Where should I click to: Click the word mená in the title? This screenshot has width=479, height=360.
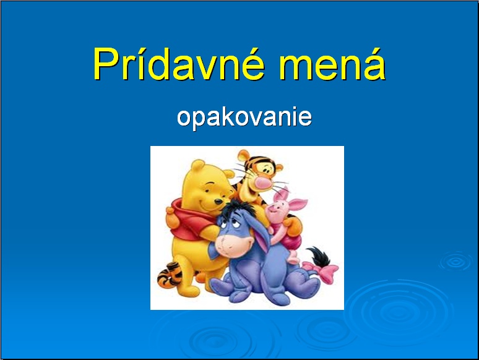332,64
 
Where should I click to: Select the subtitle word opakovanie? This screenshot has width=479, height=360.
244,118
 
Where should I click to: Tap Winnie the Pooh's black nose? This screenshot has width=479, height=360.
218,202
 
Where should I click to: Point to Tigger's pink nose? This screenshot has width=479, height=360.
263,183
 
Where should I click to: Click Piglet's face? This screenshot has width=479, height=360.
277,211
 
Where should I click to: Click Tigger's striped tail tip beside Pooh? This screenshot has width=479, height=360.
170,275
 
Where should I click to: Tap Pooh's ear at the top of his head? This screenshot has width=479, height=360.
197,166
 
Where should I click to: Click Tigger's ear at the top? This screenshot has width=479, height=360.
244,155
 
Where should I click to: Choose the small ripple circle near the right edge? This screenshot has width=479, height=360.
455,261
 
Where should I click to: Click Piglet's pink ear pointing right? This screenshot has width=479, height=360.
297,204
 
